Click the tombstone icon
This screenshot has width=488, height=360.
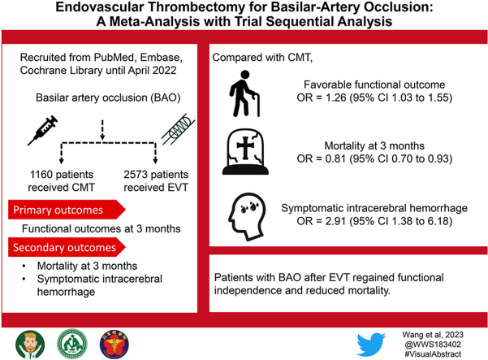[x=248, y=153]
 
